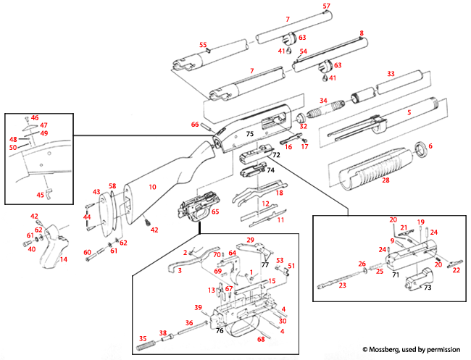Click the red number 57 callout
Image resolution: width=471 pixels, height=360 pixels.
[326, 7]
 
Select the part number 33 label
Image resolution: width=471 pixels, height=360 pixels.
[391, 74]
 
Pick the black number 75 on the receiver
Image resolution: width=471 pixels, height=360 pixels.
[249, 134]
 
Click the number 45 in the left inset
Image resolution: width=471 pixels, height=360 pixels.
[40, 194]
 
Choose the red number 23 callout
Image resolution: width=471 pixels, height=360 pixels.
[342, 285]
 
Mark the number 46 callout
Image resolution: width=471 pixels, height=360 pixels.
[35, 117]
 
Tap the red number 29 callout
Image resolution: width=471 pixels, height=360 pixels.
[250, 239]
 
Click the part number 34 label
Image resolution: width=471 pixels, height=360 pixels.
[324, 101]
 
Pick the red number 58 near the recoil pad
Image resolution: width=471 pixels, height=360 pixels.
[112, 187]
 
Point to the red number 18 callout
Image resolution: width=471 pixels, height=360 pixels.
[280, 193]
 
